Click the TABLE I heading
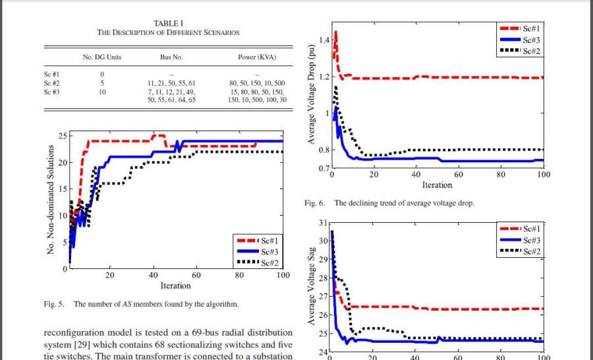[x=168, y=23]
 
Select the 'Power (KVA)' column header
[x=256, y=57]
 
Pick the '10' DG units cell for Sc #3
[x=102, y=92]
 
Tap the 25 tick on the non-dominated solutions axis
[x=63, y=136]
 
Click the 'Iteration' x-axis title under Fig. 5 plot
[x=175, y=285]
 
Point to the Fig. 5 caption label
[x=53, y=305]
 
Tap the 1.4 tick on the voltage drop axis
[x=323, y=40]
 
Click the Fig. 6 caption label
[x=315, y=204]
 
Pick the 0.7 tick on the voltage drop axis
[x=323, y=169]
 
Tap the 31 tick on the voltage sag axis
[x=322, y=223]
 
